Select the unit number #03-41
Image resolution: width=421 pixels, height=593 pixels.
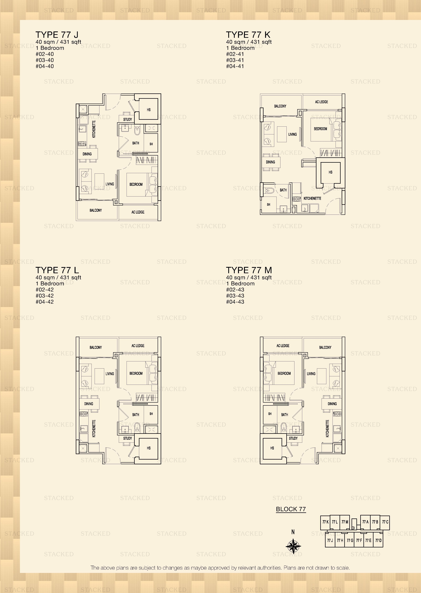tap(235, 60)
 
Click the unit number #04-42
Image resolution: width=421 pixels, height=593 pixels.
tap(45, 302)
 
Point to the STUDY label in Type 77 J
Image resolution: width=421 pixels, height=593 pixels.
tap(128, 119)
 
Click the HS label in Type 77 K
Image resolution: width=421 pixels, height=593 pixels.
tap(330, 172)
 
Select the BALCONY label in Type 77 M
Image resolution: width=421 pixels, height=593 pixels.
tap(325, 347)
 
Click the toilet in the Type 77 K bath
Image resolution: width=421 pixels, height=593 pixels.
tap(270, 191)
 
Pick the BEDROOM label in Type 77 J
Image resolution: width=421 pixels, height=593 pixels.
tap(136, 184)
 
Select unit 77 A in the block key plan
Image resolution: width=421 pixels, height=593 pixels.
tap(365, 522)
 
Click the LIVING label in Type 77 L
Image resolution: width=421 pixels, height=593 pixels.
tap(110, 374)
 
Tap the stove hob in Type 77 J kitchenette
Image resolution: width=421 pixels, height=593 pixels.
tap(82, 143)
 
